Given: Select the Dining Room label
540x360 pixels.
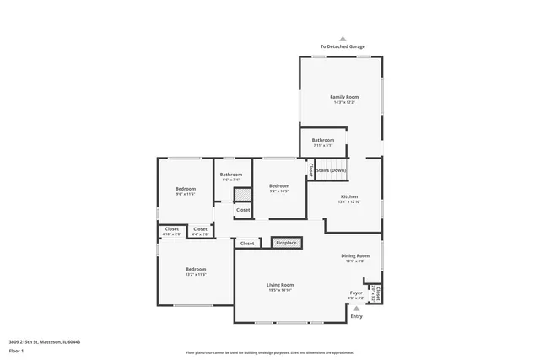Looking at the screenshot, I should pyautogui.click(x=355, y=255).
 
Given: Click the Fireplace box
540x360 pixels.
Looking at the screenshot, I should pyautogui.click(x=286, y=243).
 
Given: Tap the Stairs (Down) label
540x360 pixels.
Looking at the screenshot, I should pyautogui.click(x=332, y=170).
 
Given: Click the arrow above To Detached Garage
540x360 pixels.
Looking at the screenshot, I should pyautogui.click(x=343, y=38).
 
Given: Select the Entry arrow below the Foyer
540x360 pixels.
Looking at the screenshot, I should pyautogui.click(x=357, y=309).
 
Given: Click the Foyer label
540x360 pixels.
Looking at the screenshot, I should pyautogui.click(x=357, y=293).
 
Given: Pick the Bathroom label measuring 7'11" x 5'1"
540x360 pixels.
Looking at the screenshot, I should pyautogui.click(x=323, y=140).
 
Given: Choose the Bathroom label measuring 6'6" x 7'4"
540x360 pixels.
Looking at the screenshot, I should pyautogui.click(x=231, y=175).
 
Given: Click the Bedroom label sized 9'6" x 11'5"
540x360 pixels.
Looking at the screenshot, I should pyautogui.click(x=186, y=189).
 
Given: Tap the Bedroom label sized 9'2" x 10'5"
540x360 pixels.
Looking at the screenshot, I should pyautogui.click(x=279, y=185).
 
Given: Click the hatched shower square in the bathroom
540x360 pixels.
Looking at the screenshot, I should pyautogui.click(x=242, y=194).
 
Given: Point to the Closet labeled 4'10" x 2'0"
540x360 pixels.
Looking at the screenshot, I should pyautogui.click(x=171, y=229).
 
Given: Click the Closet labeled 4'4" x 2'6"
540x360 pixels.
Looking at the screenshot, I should pyautogui.click(x=200, y=229).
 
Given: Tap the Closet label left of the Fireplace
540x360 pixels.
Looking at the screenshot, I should pyautogui.click(x=247, y=244).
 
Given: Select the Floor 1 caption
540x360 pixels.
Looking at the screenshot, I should pyautogui.click(x=15, y=348).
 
